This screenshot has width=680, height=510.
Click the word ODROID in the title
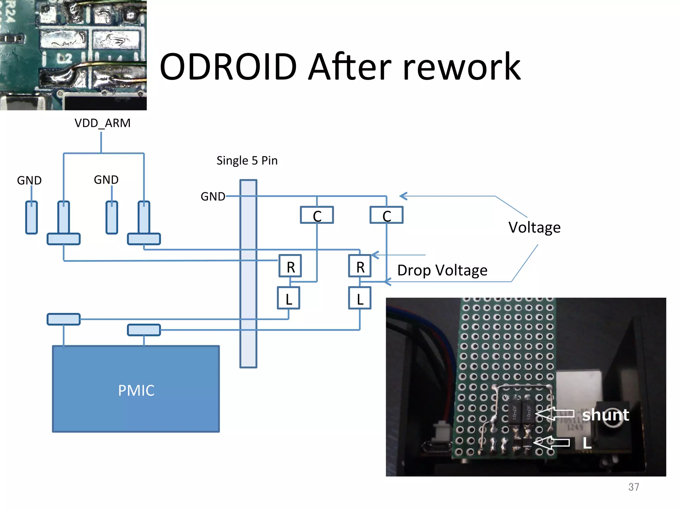point(228,67)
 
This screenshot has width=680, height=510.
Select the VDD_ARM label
point(102,123)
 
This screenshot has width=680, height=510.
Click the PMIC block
point(136,389)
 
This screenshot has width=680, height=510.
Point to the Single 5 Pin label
point(247,161)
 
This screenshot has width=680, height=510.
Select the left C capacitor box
point(317,215)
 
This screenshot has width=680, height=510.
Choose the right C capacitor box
point(386,215)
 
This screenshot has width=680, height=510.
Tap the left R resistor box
point(290,266)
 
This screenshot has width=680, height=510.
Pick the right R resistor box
point(360,266)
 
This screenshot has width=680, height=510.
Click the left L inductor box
point(289,298)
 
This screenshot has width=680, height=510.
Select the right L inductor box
point(360,298)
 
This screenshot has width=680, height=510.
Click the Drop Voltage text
point(442,270)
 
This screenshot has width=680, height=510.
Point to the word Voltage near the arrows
point(534,228)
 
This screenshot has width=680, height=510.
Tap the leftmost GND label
point(29,181)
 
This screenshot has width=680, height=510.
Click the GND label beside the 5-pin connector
point(212,197)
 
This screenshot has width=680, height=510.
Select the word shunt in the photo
point(605,415)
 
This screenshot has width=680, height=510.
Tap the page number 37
point(634,487)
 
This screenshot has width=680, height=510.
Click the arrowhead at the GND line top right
point(403,196)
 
